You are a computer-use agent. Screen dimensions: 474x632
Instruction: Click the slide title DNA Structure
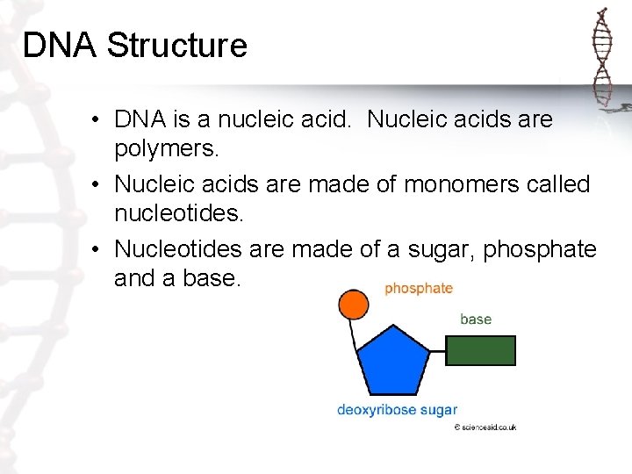135,46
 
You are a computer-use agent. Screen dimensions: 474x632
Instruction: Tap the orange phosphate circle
353,305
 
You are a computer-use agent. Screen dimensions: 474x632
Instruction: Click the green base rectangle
480,350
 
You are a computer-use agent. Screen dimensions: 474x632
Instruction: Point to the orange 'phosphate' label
419,288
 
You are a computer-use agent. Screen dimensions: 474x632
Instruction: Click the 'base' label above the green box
476,320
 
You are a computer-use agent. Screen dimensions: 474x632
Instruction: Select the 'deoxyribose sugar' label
397,410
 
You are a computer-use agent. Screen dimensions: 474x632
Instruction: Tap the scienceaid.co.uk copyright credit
485,427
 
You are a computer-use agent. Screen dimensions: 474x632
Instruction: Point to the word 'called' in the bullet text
559,185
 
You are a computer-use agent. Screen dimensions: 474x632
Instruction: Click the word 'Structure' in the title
177,46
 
